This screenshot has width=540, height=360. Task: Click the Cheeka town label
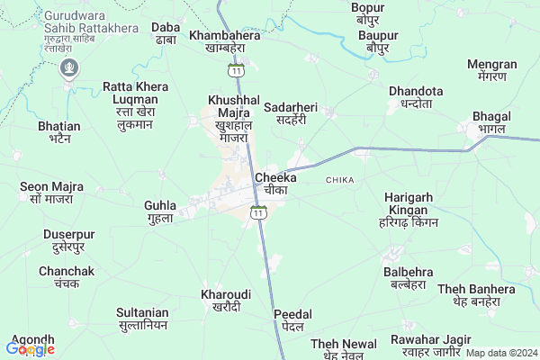click(x=275, y=184)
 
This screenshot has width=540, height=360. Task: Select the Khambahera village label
click(x=225, y=41)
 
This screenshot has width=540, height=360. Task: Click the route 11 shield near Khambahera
click(x=235, y=69)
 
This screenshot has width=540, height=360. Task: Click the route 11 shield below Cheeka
click(x=258, y=212)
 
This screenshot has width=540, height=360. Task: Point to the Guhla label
click(x=160, y=211)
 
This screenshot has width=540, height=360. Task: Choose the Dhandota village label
click(x=416, y=97)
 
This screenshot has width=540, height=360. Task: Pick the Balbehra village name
click(x=408, y=278)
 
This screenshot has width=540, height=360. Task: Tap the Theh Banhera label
click(x=476, y=295)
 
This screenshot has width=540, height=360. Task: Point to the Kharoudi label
click(x=225, y=301)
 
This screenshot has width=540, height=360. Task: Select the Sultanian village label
click(x=142, y=319)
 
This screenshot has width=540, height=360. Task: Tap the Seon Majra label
click(x=51, y=192)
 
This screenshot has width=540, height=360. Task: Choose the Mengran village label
click(x=492, y=70)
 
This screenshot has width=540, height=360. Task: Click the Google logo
click(x=30, y=349)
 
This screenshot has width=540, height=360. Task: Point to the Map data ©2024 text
click(x=500, y=353)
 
